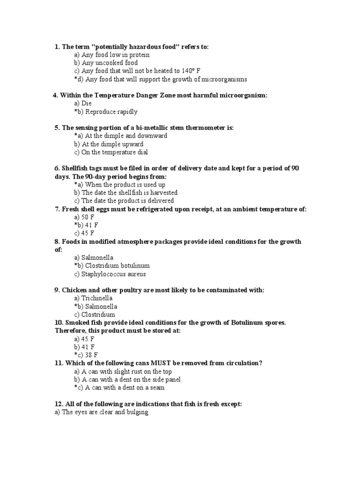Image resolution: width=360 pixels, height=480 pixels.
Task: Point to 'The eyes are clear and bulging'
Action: click(102, 412)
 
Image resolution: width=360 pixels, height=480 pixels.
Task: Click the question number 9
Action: click(57, 290)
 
